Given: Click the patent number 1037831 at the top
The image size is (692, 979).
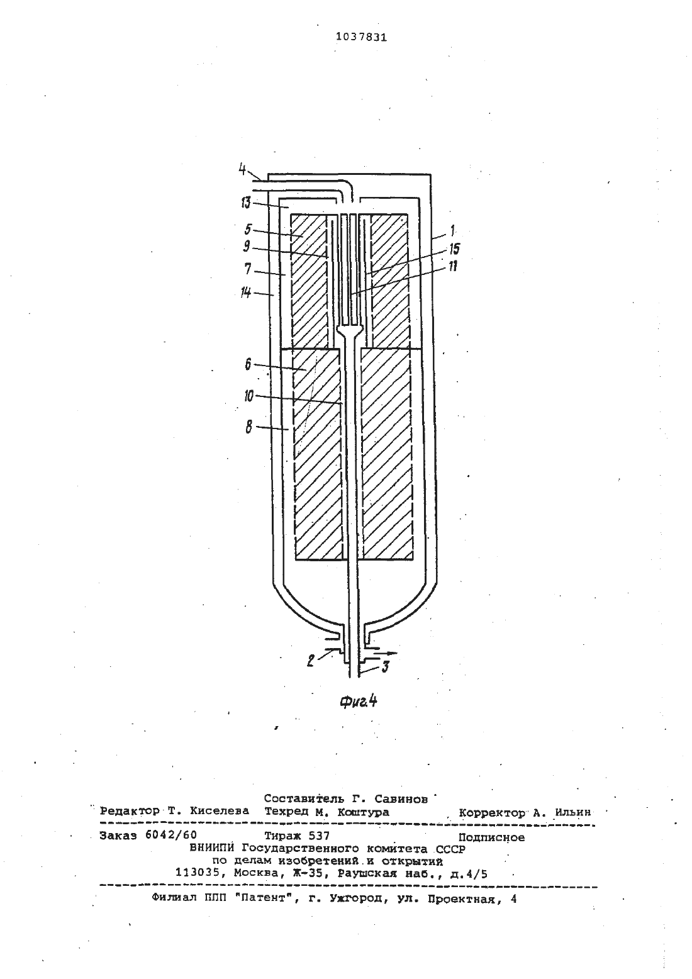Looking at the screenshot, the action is [x=361, y=38].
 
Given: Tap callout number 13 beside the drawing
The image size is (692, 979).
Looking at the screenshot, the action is [x=245, y=203].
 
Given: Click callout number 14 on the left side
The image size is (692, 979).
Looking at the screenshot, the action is [x=246, y=292].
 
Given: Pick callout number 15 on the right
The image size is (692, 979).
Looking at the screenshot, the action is [x=454, y=249].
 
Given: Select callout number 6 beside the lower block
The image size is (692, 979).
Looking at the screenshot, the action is [x=248, y=364].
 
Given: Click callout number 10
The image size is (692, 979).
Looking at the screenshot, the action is [x=248, y=396].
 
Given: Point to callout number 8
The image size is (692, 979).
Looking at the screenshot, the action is [x=248, y=427].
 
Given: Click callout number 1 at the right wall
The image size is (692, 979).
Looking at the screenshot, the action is [x=452, y=230].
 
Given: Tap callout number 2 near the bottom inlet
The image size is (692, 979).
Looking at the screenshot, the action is [x=311, y=661].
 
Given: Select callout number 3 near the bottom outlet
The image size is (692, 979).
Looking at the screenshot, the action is [x=385, y=667].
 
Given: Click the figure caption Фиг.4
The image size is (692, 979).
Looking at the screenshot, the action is [x=359, y=702].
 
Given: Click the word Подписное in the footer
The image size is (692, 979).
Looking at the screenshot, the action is [x=491, y=837].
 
